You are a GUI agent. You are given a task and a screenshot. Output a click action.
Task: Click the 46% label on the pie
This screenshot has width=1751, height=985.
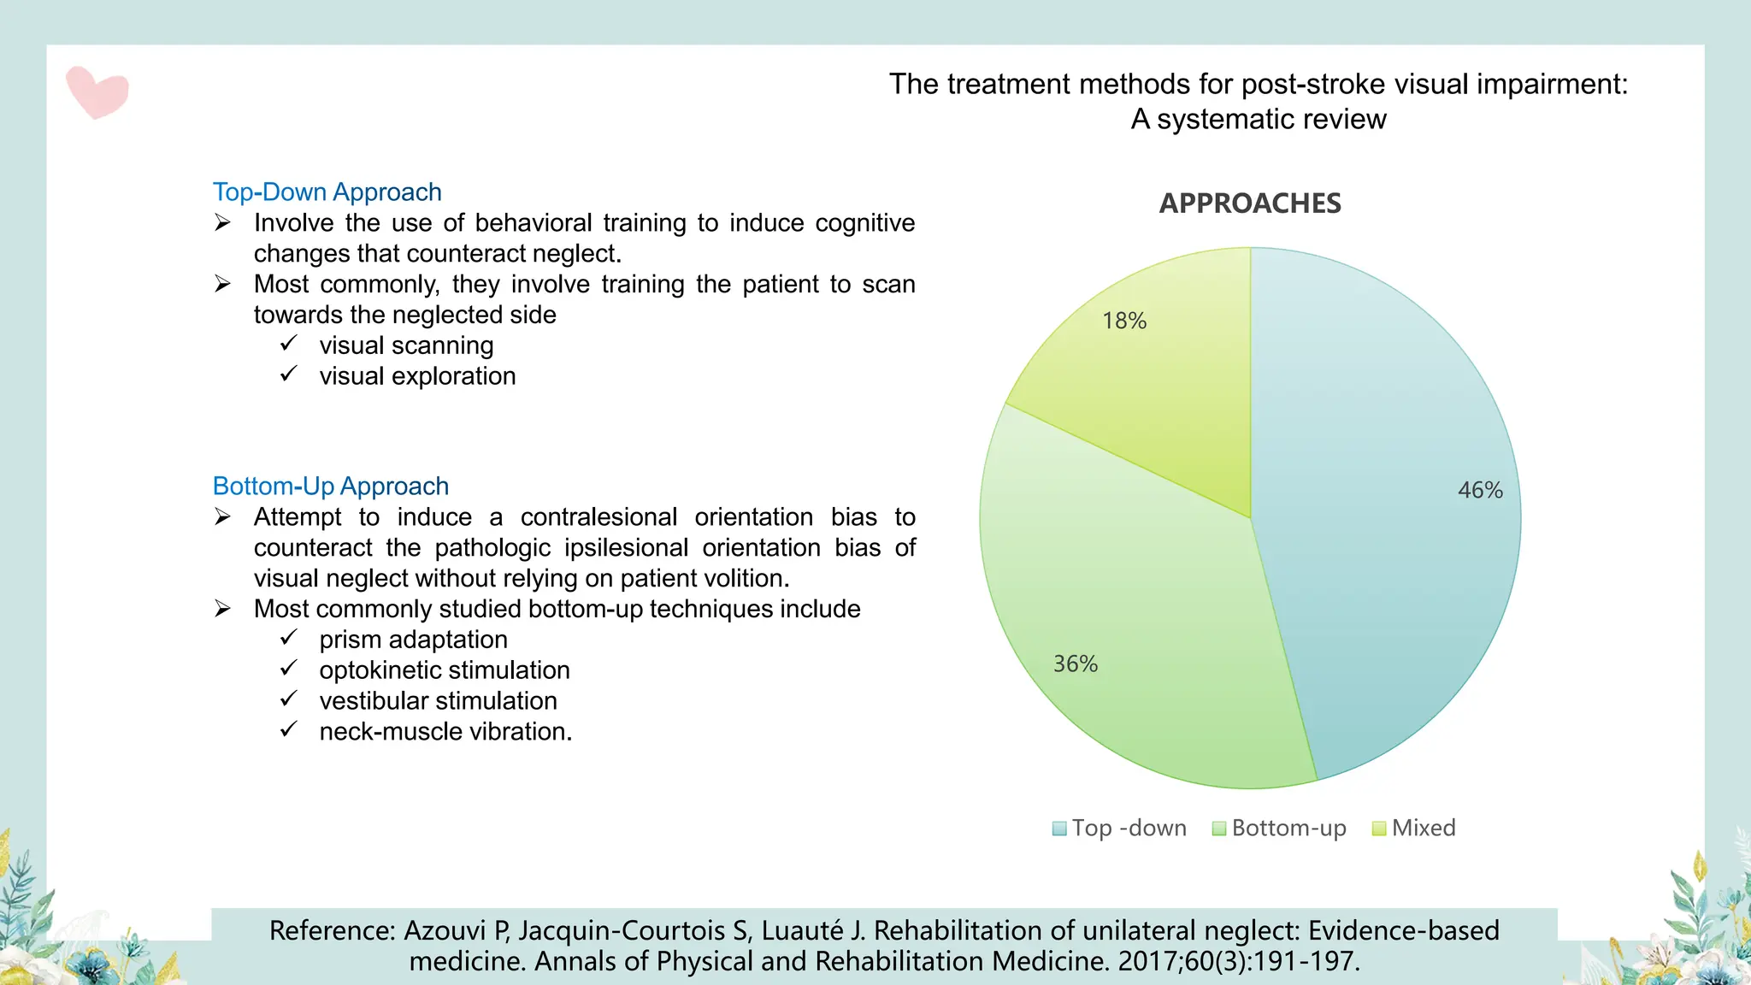click(x=1480, y=490)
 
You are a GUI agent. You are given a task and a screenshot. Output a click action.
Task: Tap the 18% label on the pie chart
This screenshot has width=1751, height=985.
click(x=1123, y=321)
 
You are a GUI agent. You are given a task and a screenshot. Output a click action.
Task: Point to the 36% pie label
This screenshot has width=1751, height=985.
click(x=1075, y=664)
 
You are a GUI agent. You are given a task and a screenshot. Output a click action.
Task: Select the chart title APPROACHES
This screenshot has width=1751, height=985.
click(x=1250, y=203)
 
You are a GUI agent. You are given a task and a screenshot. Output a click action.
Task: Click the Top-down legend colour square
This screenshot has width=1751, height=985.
click(x=1059, y=829)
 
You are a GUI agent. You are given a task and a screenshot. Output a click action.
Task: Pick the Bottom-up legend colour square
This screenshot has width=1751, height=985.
click(x=1219, y=829)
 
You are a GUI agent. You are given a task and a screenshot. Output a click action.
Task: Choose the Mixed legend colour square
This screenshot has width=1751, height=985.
click(x=1378, y=829)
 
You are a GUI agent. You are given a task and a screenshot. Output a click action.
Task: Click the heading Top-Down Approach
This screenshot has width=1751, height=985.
click(x=327, y=192)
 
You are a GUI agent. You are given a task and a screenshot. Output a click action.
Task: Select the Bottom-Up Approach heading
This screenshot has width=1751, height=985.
click(x=330, y=486)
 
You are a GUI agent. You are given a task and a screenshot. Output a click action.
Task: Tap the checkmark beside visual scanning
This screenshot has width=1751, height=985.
click(x=289, y=344)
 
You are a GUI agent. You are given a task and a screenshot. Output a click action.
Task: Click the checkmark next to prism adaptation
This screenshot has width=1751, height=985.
click(x=289, y=638)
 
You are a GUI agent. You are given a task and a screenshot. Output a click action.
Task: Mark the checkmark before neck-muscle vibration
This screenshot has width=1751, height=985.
click(x=289, y=730)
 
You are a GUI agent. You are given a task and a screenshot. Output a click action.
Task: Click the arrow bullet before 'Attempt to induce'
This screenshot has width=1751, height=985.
click(x=223, y=516)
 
